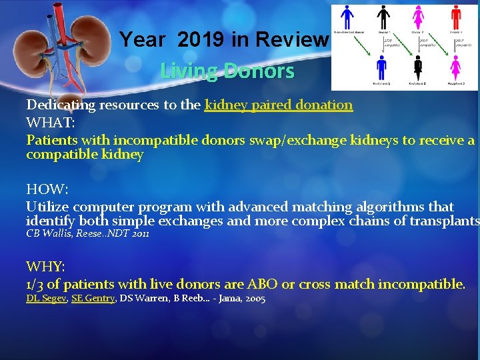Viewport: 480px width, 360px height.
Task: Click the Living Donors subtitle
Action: click(227, 71)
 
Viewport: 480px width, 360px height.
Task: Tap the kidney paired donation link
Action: click(279, 105)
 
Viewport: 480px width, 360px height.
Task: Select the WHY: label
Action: click(45, 267)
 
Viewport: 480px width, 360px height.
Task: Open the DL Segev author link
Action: click(46, 299)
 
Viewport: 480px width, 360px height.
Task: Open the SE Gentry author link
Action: click(93, 299)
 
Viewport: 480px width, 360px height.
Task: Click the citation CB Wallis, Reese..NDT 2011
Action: click(87, 234)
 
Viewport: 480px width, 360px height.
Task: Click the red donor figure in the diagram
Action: click(457, 17)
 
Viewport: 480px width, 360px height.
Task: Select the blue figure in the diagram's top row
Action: click(347, 17)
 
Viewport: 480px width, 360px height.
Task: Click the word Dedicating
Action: click(59, 105)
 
